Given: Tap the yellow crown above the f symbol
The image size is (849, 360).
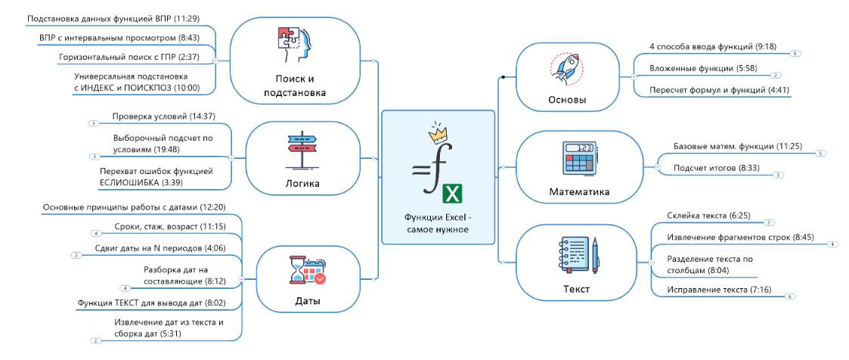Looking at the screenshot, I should [x=438, y=135].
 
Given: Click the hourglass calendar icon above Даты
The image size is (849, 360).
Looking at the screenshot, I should [x=307, y=271].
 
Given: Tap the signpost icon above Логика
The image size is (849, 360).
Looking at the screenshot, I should [x=303, y=149].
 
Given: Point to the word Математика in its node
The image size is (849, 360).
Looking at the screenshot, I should [x=578, y=191].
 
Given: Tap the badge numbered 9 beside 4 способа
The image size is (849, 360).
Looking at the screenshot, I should [x=794, y=54].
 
